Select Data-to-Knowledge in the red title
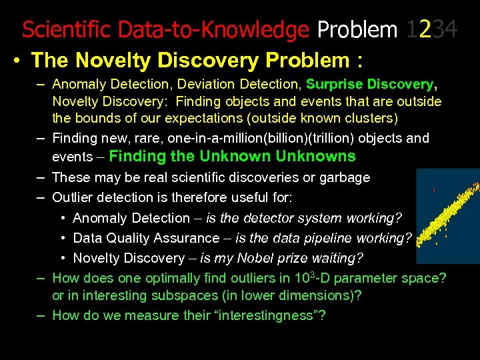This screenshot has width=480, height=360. [213, 30]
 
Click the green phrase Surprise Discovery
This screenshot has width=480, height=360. [369, 85]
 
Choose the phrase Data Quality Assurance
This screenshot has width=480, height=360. [146, 238]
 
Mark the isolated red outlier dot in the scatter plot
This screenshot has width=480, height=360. [434, 191]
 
